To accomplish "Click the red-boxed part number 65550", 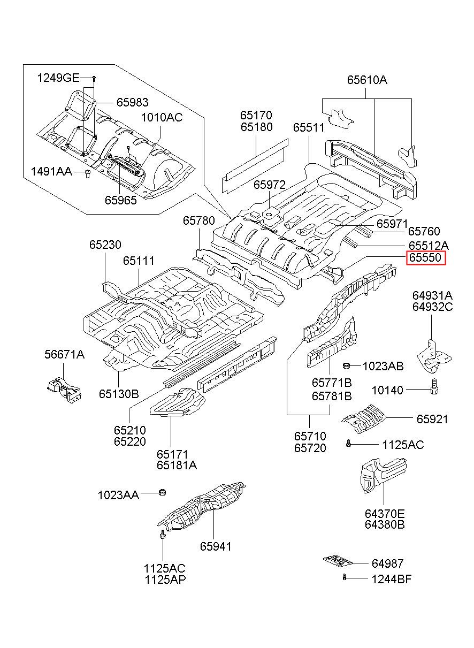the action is click(x=425, y=257).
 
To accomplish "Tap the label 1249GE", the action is click(x=58, y=78).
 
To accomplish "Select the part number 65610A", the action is click(x=367, y=80).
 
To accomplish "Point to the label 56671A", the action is click(x=64, y=354).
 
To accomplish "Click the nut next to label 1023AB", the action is click(x=346, y=366).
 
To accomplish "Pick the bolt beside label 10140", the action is click(x=434, y=386).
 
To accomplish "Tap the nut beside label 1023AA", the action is click(x=162, y=492).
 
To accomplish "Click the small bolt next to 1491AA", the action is click(x=87, y=174).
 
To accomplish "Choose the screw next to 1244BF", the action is click(x=344, y=577).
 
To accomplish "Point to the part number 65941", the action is click(x=216, y=546).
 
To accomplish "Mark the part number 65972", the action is click(x=270, y=185).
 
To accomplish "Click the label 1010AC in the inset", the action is click(x=162, y=117).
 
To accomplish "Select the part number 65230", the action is click(x=105, y=245).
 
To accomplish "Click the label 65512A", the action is click(x=429, y=246).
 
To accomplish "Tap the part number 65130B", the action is click(x=119, y=394).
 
